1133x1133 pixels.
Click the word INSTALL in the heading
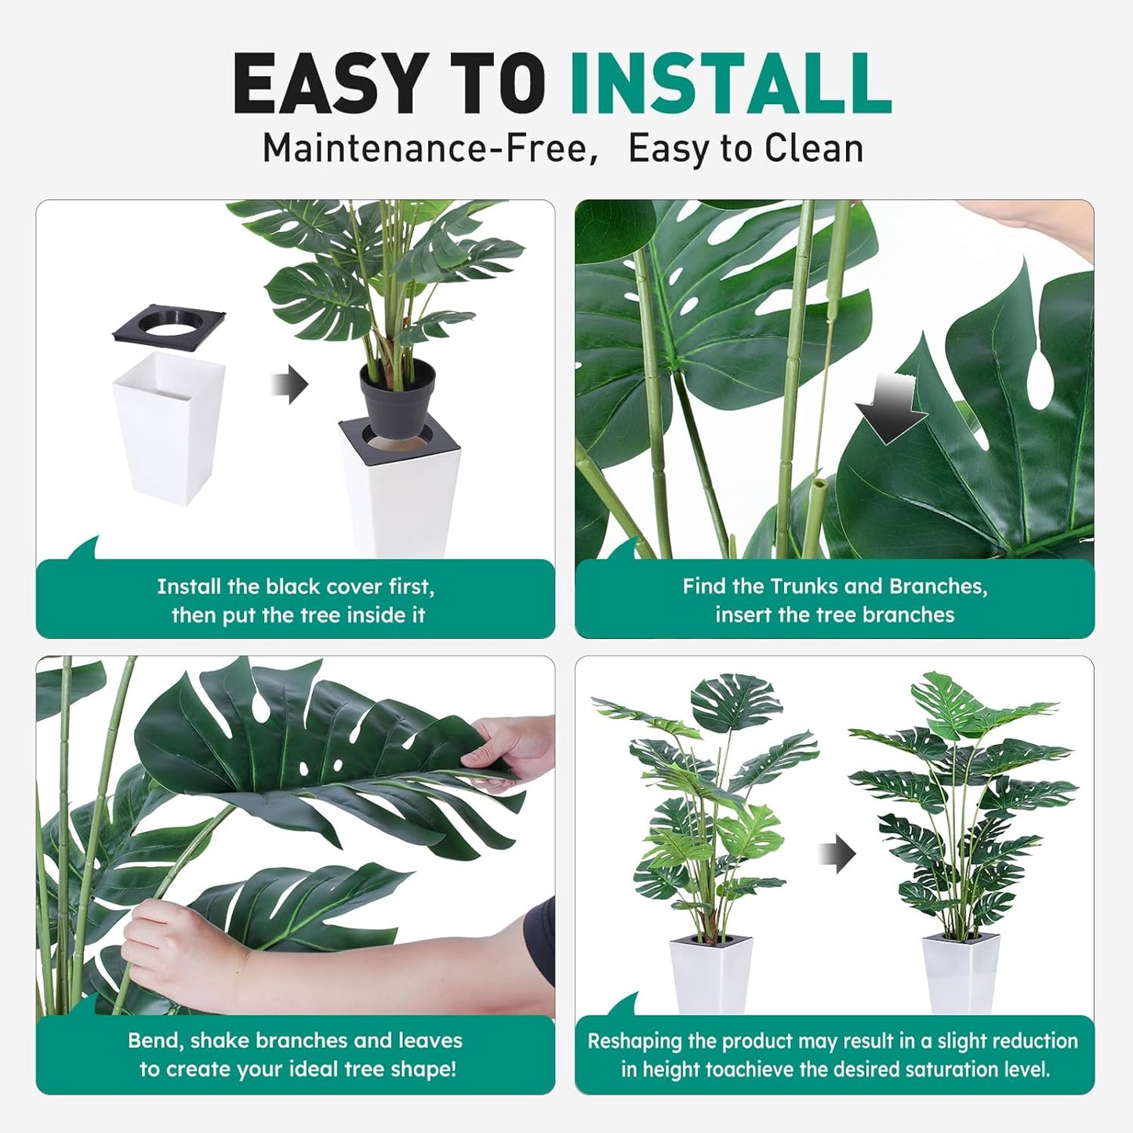[x=730, y=85]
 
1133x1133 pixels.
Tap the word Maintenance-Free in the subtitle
[x=424, y=148]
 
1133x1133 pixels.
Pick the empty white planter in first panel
[x=169, y=427]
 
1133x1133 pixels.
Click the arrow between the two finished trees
[x=837, y=854]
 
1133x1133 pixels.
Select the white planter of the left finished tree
[x=710, y=976]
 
